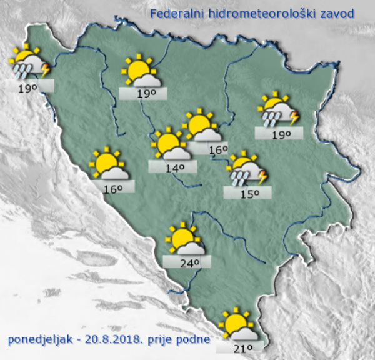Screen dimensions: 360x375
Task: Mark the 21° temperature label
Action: tap(241, 348)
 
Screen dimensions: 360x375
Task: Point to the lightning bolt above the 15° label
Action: tap(263, 177)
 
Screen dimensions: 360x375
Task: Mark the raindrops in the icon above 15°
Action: tap(239, 179)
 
